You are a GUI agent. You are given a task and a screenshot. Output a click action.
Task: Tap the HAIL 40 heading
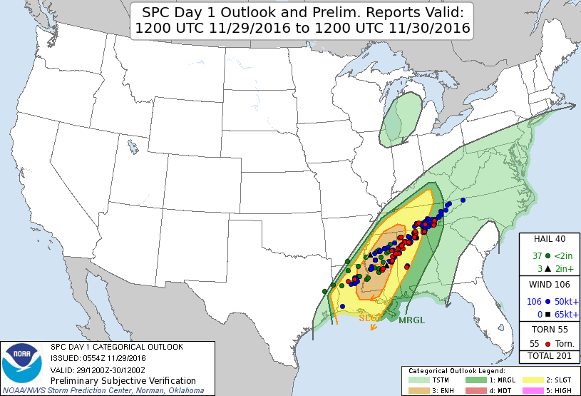click(x=549, y=239)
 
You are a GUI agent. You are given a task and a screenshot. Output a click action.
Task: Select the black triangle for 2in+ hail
click(x=547, y=269)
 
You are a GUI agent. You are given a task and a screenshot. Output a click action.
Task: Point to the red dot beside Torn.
click(x=547, y=344)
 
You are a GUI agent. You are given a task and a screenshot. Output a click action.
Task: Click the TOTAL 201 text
click(x=549, y=355)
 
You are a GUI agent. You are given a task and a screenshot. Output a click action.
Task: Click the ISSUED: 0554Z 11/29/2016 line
click(x=98, y=358)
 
